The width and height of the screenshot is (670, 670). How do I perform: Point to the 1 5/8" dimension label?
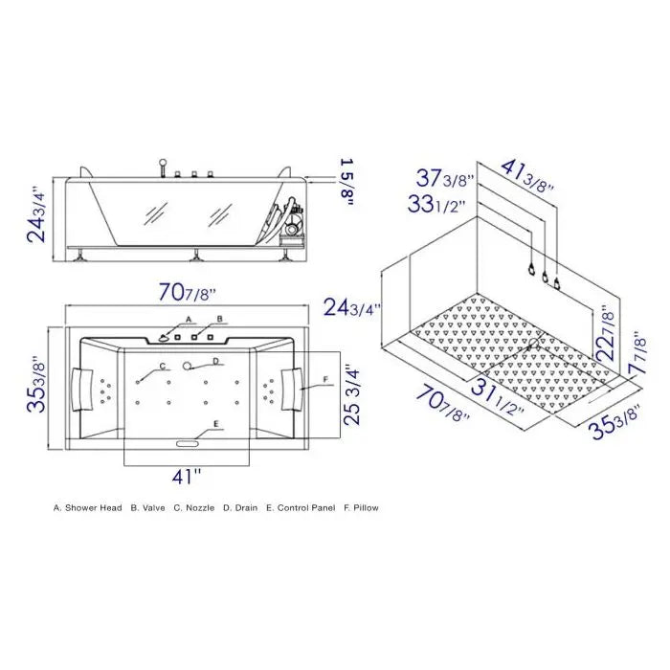pos(346,181)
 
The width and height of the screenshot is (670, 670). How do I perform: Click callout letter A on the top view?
pos(189,319)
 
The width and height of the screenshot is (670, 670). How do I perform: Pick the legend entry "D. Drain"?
pos(240,508)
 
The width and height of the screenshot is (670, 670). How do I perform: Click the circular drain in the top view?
pos(189,364)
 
